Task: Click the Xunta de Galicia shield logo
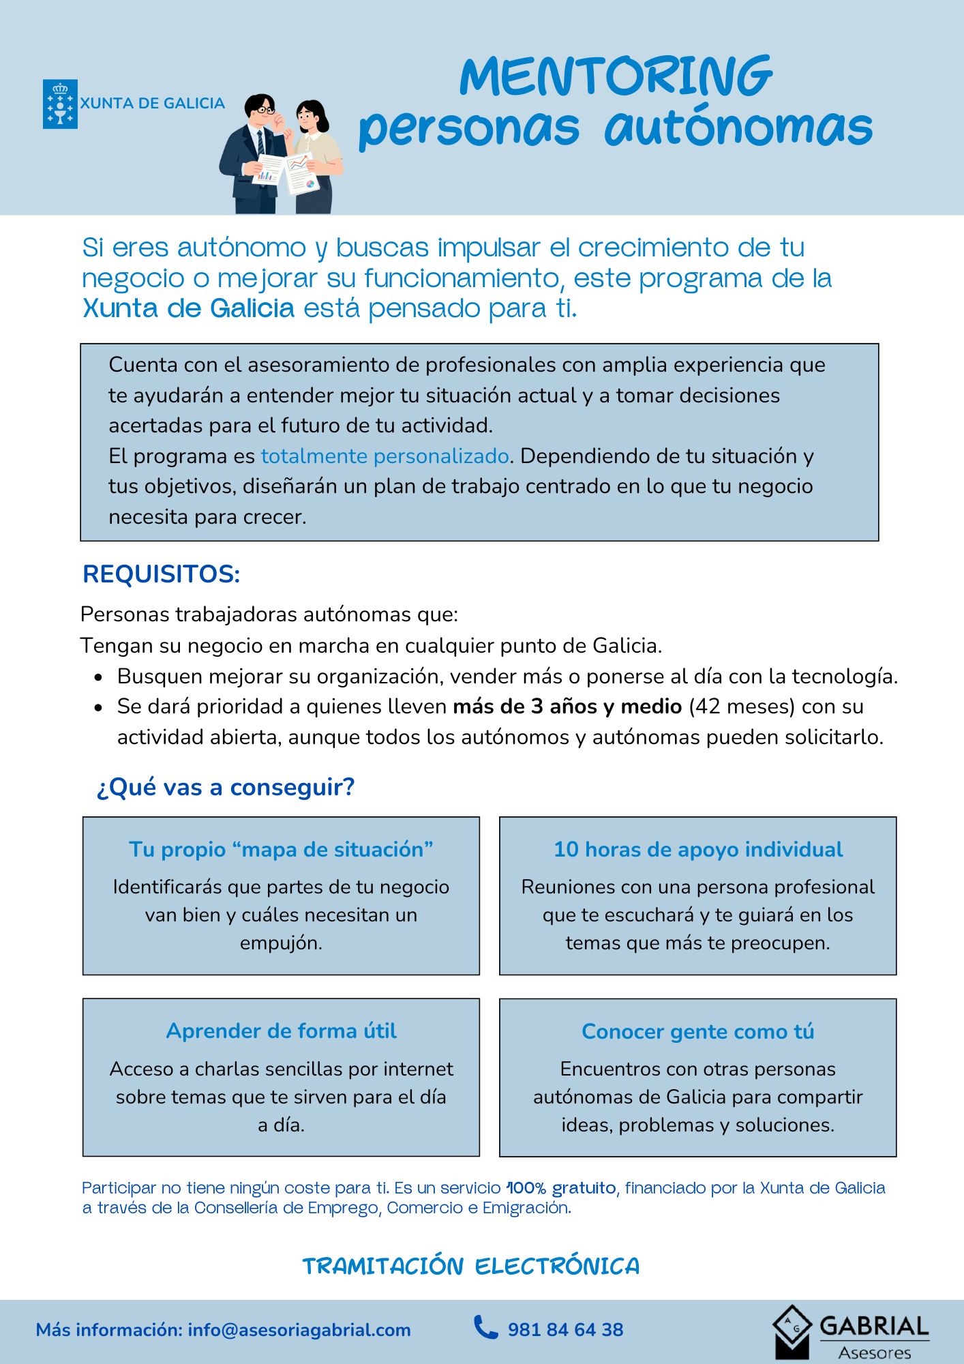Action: pos(60,104)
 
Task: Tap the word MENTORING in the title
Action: pos(616,76)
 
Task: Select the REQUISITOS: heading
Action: pos(161,574)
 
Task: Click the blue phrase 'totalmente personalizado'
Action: pos(385,456)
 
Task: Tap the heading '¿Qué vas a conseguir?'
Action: pos(226,787)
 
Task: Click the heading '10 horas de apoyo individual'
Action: pos(698,849)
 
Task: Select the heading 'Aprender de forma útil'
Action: pos(281,1031)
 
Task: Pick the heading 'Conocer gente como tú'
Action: pos(698,1031)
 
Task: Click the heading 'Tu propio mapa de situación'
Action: pos(281,849)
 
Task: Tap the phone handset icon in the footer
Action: pos(485,1328)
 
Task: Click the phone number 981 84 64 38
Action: pos(565,1330)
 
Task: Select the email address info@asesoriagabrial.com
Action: pos(299,1330)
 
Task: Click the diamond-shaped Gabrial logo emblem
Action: pos(792,1330)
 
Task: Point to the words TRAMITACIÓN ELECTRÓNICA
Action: pos(471,1266)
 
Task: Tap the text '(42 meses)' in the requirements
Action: pos(742,707)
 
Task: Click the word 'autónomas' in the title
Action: pos(738,128)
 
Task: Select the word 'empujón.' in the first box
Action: pos(281,943)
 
